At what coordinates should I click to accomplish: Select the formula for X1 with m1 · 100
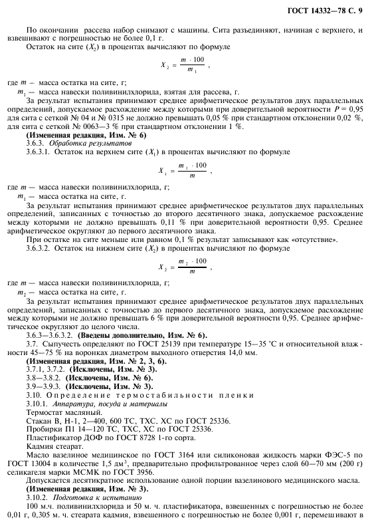coord(185,170)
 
